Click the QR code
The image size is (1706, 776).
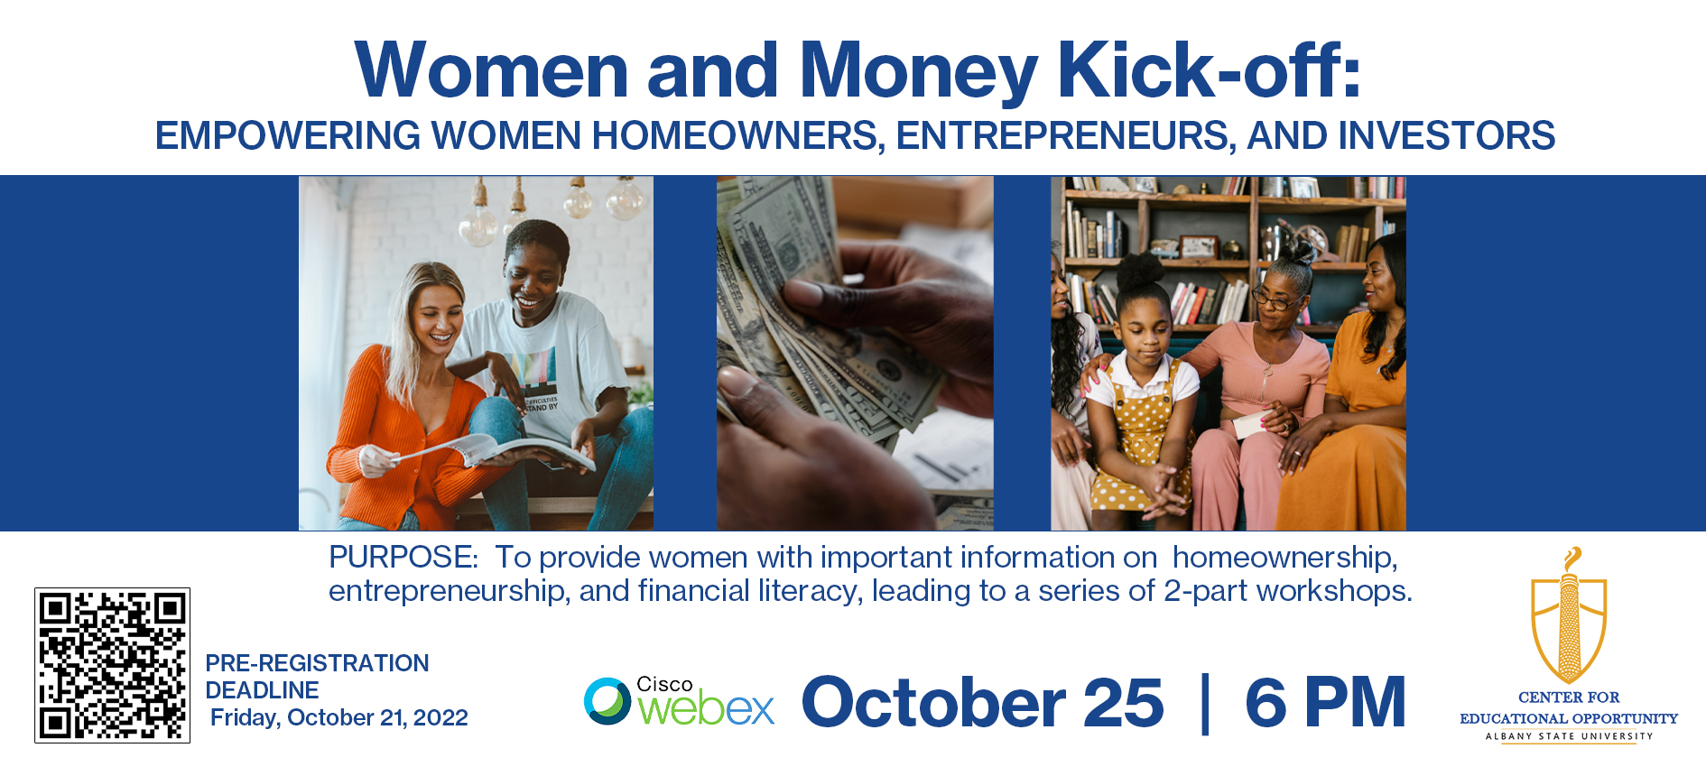pyautogui.click(x=112, y=666)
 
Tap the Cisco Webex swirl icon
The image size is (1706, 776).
pyautogui.click(x=607, y=701)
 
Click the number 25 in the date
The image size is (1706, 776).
pyautogui.click(x=1124, y=702)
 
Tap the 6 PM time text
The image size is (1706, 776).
pyautogui.click(x=1325, y=702)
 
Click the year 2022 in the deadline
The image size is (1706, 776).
pyautogui.click(x=440, y=718)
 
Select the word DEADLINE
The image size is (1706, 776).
pyautogui.click(x=262, y=690)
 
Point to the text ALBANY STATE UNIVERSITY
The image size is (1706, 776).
pyautogui.click(x=1569, y=736)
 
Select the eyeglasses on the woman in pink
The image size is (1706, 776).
pyautogui.click(x=1273, y=300)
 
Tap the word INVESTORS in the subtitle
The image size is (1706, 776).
pyautogui.click(x=1446, y=136)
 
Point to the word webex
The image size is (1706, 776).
pyautogui.click(x=707, y=709)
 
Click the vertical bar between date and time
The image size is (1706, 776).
pyautogui.click(x=1205, y=703)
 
